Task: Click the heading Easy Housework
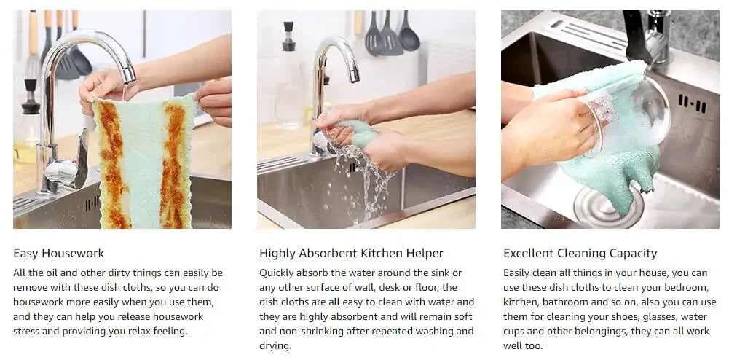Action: [x=58, y=254]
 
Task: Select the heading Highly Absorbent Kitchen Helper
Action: [x=351, y=254]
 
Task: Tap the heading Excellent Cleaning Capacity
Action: [x=580, y=254]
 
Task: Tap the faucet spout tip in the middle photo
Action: [x=354, y=75]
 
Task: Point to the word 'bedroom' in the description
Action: [x=688, y=287]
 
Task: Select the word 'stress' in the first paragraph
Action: [x=24, y=331]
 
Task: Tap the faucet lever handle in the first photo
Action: [x=82, y=158]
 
